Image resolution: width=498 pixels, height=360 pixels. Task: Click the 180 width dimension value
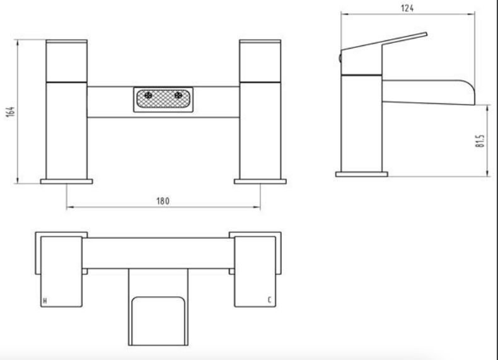click(162, 200)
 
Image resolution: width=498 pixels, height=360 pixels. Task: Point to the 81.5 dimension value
click(480, 141)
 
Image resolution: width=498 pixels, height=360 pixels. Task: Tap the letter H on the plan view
click(44, 301)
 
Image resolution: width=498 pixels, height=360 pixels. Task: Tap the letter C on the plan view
click(269, 301)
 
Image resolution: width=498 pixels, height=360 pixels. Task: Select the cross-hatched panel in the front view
click(164, 99)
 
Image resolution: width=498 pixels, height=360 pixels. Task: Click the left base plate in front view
click(66, 182)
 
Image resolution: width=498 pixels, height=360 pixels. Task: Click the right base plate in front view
click(260, 182)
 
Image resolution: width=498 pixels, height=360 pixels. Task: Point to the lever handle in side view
click(385, 42)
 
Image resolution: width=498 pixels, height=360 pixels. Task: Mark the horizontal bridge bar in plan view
click(158, 252)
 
